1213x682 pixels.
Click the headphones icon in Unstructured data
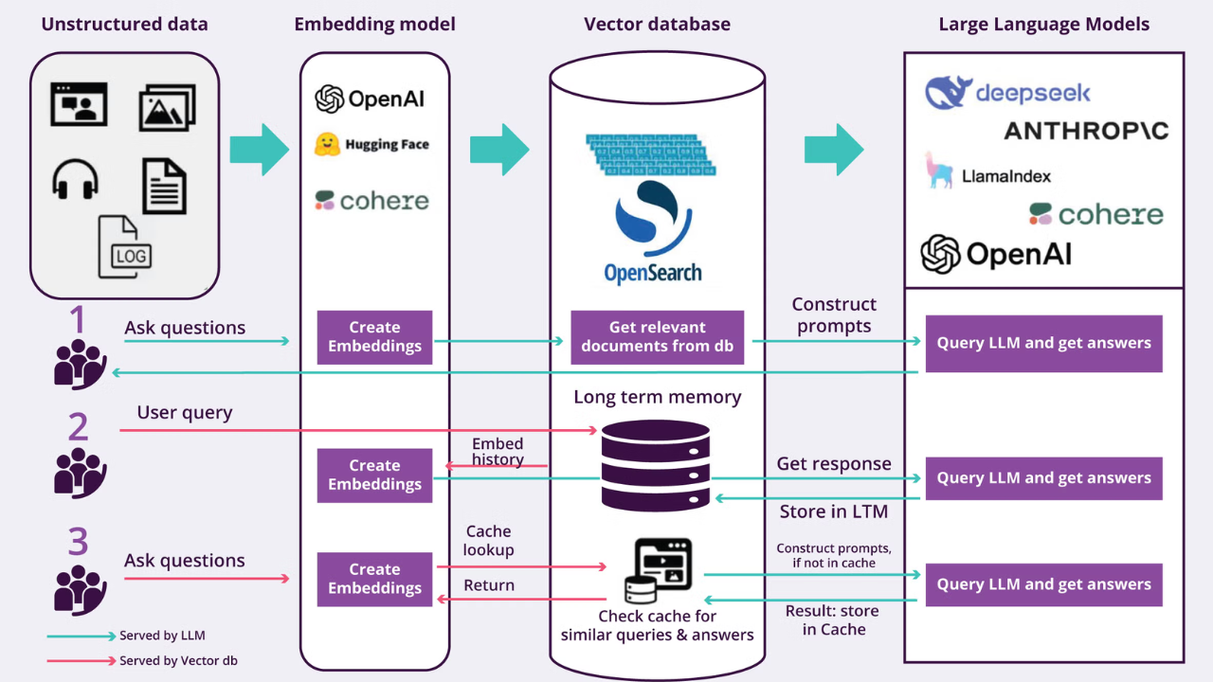75,179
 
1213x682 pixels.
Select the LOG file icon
124,247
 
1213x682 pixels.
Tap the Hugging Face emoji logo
327,145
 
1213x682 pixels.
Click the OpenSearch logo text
653,274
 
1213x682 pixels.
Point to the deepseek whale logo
945,92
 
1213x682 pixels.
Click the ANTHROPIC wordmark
1086,131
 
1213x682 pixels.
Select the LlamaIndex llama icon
938,170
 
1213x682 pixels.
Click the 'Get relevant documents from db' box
658,337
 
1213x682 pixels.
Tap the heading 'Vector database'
657,25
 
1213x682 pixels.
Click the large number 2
78,426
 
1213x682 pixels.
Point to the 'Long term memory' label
658,397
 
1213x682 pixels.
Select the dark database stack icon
655,465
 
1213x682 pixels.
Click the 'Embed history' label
498,452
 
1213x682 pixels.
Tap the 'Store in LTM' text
833,511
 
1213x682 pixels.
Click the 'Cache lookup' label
488,540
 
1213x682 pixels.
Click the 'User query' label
185,412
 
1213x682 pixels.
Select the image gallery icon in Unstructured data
168,108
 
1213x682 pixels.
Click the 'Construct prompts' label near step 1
834,315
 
